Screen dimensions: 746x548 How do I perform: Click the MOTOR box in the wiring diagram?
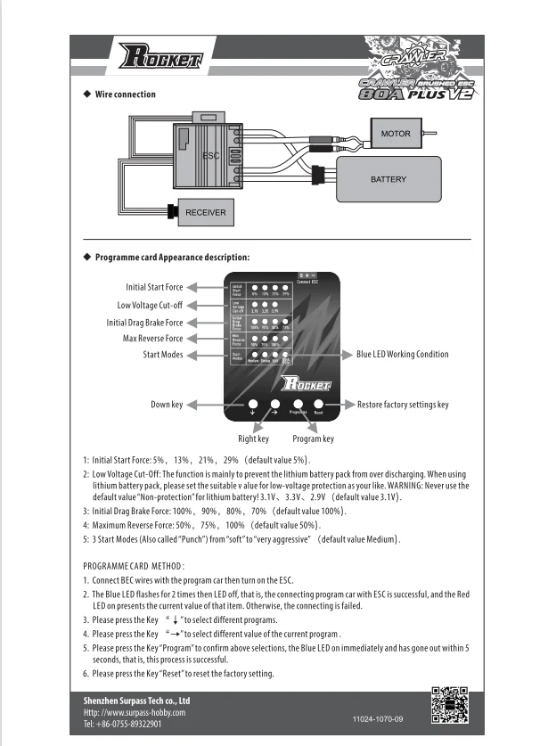(x=395, y=134)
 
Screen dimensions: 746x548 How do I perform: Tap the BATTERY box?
(x=388, y=179)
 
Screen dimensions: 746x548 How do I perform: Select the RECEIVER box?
(x=205, y=213)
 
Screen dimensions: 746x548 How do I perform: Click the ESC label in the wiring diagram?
(x=211, y=155)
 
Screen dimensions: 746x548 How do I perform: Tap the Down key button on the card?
(x=253, y=403)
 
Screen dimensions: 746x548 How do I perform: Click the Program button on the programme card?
(x=298, y=403)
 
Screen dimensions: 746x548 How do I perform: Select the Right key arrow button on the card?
(x=275, y=403)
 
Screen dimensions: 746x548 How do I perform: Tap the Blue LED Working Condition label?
(x=402, y=354)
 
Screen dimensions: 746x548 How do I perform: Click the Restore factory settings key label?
(x=403, y=405)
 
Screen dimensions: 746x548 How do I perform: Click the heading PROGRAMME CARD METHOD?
(x=134, y=566)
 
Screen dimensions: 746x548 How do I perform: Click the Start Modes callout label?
(x=160, y=355)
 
